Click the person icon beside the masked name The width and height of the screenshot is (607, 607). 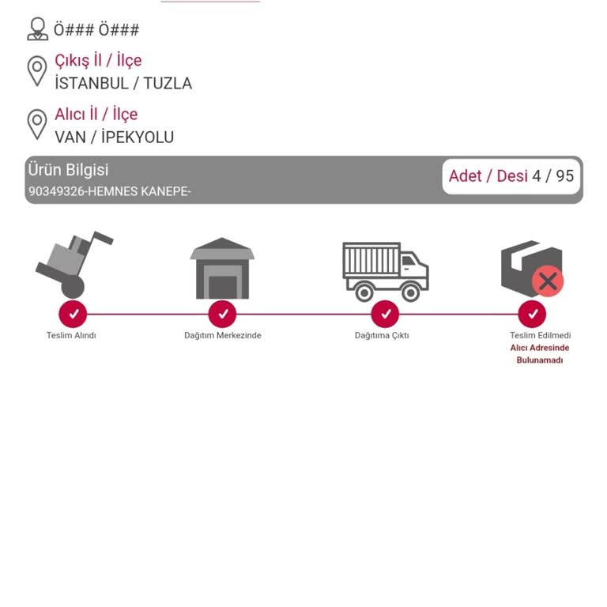tap(38, 28)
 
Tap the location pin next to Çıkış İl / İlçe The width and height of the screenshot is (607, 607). tap(37, 71)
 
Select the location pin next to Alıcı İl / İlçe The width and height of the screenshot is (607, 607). tap(37, 124)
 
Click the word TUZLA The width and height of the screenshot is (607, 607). tap(168, 83)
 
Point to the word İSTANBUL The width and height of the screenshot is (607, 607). tap(92, 83)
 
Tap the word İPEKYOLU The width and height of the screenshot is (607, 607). tap(138, 137)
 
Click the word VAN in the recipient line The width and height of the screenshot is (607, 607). tap(70, 137)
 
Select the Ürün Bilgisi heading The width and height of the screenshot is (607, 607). tap(68, 170)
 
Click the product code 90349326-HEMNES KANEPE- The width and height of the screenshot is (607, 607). tap(110, 191)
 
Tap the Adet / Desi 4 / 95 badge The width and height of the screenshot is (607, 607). tap(511, 176)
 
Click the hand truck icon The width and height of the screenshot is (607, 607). tap(74, 265)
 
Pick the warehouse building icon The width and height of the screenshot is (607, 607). tap(222, 268)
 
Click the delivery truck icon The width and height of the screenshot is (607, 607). tap(386, 272)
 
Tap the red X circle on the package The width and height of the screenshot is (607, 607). tap(548, 281)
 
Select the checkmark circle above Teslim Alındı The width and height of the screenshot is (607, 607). tap(73, 314)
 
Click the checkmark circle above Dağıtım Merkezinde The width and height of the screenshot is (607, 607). tap(222, 314)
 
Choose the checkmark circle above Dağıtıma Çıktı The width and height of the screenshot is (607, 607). tap(385, 314)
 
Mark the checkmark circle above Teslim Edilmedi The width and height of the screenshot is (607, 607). tap(532, 314)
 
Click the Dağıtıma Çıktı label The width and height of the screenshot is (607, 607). tap(382, 336)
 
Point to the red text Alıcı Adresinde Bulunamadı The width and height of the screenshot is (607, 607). tap(540, 354)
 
